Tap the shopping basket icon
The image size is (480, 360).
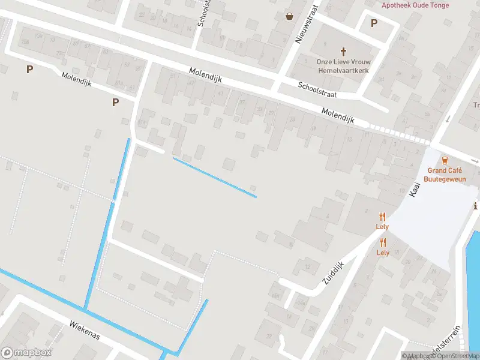click(x=290, y=16)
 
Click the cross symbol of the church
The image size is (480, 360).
click(x=344, y=52)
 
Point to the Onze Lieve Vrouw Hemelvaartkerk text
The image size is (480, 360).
click(x=343, y=66)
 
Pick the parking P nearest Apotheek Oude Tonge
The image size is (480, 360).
click(x=374, y=23)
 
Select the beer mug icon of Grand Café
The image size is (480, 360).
click(x=445, y=160)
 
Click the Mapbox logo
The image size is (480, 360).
click(x=26, y=353)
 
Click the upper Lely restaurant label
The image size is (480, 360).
click(x=382, y=226)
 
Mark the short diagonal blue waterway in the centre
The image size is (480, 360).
click(x=215, y=177)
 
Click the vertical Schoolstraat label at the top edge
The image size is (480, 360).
click(x=205, y=13)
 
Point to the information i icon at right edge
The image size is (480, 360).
click(x=476, y=206)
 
